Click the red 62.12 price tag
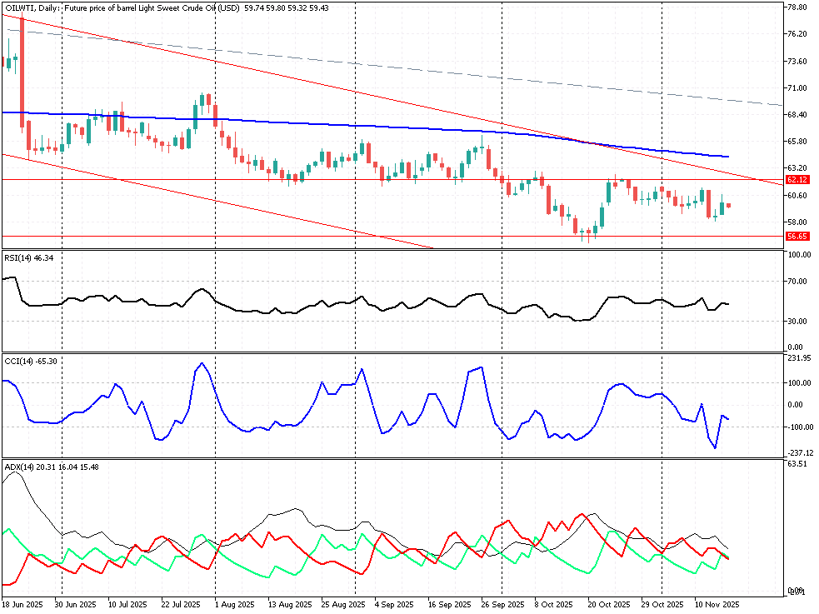pyautogui.click(x=797, y=180)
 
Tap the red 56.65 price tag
pyautogui.click(x=797, y=236)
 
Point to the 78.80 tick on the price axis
pyautogui.click(x=797, y=7)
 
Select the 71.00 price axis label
pyautogui.click(x=797, y=87)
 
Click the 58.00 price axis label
pyautogui.click(x=797, y=222)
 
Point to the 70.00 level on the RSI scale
pyautogui.click(x=797, y=282)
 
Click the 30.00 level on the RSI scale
pyautogui.click(x=797, y=322)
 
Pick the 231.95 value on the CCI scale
pyautogui.click(x=799, y=358)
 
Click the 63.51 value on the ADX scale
pyautogui.click(x=797, y=463)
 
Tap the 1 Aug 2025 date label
pyautogui.click(x=233, y=604)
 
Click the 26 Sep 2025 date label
pyautogui.click(x=502, y=604)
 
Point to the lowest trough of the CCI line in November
pyautogui.click(x=715, y=448)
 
